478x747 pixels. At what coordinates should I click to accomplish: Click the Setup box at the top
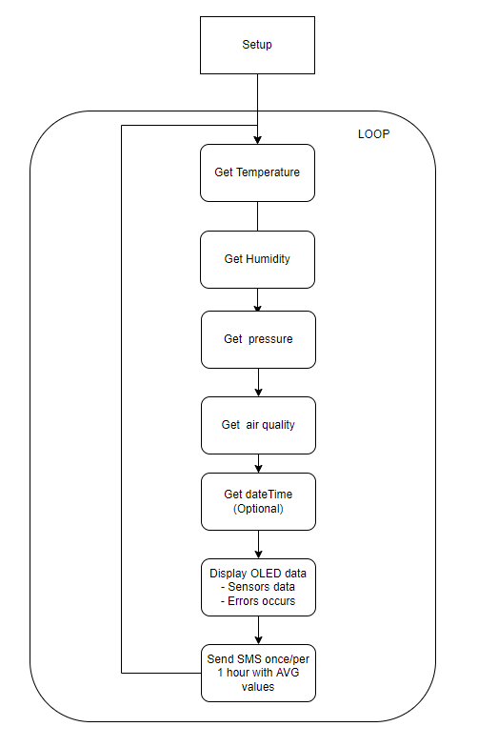(257, 45)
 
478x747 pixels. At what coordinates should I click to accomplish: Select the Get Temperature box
(257, 172)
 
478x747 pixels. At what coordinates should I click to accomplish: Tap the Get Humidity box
(257, 258)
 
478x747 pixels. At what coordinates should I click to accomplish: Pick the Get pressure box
(257, 339)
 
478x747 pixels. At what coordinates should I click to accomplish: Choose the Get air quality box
(257, 425)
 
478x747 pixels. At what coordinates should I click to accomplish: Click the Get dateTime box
(257, 501)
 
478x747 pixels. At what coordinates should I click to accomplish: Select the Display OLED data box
(257, 586)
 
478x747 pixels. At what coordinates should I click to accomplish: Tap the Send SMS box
(257, 672)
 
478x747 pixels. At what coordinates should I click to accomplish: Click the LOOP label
(373, 134)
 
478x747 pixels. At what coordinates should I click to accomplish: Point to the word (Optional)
(259, 509)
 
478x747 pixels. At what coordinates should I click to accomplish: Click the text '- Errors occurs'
(259, 601)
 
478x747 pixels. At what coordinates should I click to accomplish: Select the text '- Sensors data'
(259, 587)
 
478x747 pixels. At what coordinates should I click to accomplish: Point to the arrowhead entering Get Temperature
(257, 138)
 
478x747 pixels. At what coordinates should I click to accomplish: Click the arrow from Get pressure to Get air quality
(257, 382)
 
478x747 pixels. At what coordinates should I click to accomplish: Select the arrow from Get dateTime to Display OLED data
(257, 544)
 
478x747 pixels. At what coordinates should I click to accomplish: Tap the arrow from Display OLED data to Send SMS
(257, 630)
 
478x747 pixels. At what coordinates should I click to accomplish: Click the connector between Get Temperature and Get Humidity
(257, 215)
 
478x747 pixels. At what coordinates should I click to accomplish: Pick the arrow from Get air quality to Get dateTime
(257, 463)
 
